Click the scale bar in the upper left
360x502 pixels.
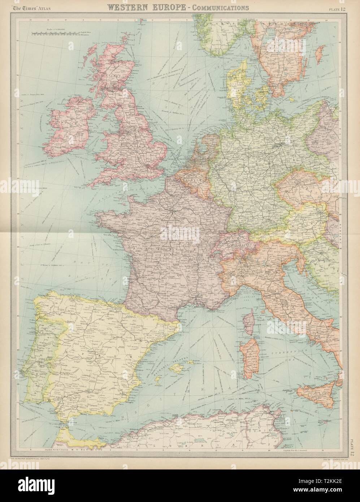click(54, 33)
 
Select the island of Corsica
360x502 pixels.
click(248, 325)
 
